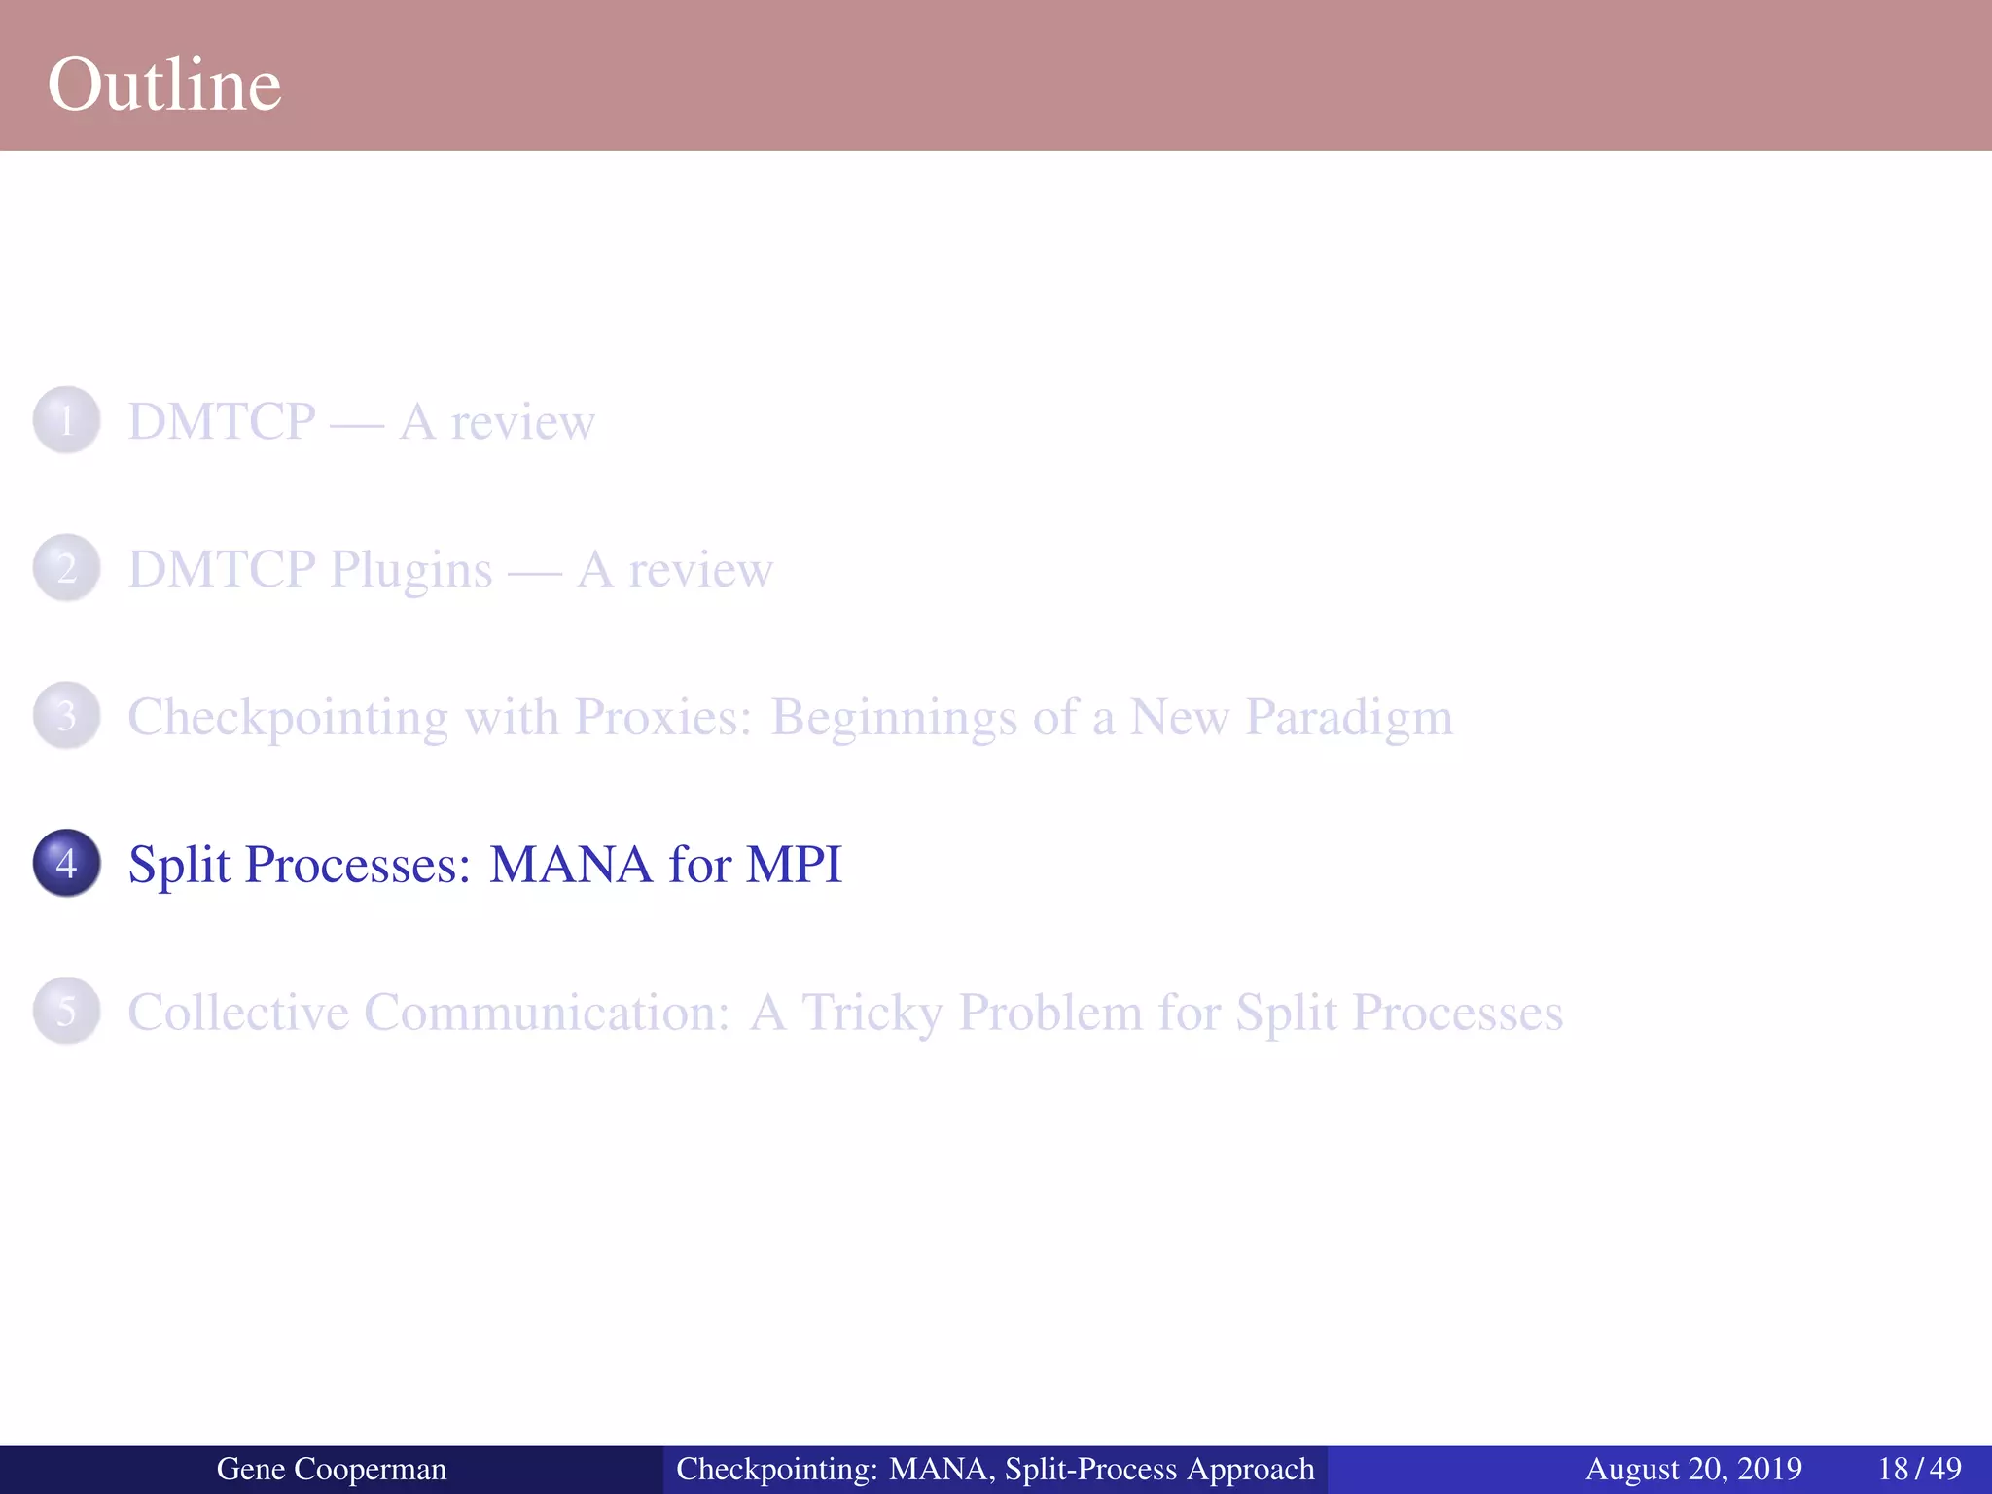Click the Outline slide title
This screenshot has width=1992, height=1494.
point(164,86)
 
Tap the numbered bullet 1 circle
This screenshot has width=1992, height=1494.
point(66,421)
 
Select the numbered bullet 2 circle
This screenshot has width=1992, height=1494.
point(66,568)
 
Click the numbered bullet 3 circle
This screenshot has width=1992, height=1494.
point(66,716)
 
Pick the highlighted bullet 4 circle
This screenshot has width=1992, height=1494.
point(66,863)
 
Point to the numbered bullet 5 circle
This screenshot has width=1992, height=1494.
point(66,1011)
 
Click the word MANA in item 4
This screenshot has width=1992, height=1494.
point(570,864)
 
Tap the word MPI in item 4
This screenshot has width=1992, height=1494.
point(793,864)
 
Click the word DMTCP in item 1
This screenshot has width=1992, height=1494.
point(222,422)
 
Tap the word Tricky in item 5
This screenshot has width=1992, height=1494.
point(871,1013)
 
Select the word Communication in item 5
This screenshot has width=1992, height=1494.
point(547,1012)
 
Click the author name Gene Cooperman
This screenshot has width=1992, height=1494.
point(331,1469)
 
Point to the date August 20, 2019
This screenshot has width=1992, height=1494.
point(1693,1469)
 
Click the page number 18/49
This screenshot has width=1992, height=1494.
point(1919,1469)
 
